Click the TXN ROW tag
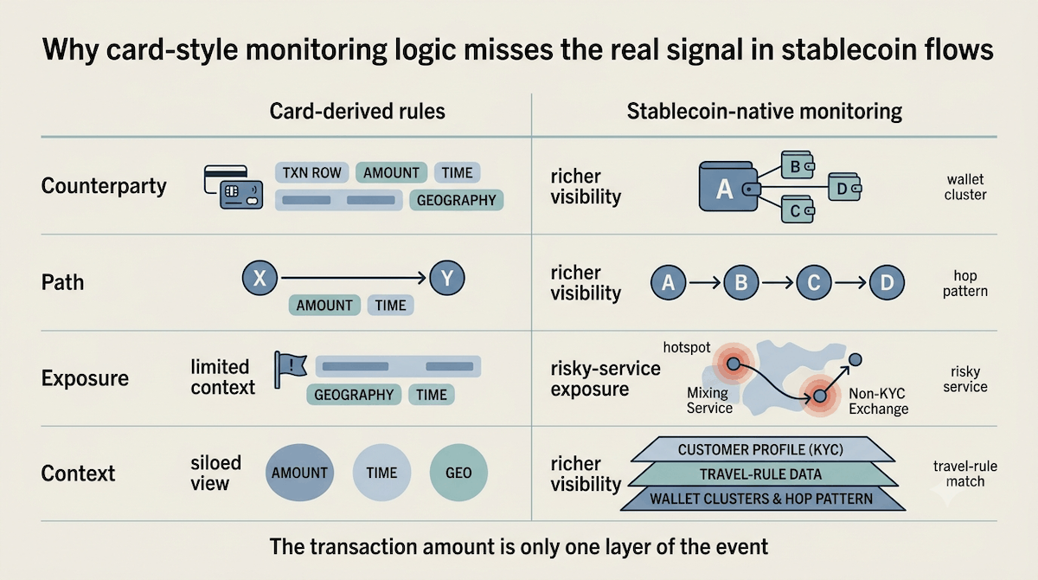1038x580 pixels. [312, 172]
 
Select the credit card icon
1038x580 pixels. [233, 187]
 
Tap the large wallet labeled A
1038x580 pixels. [728, 186]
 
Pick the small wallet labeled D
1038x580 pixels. [844, 187]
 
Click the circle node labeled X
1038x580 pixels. [260, 278]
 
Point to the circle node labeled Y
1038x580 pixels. [447, 278]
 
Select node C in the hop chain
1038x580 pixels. [814, 282]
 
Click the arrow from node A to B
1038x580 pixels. [705, 282]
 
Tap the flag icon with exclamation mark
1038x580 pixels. [290, 369]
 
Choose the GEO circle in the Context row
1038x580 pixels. [458, 473]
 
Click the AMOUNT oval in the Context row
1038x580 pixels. [299, 473]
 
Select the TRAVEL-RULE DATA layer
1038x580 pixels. [761, 474]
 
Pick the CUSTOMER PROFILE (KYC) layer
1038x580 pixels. [761, 449]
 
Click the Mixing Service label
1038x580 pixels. [709, 401]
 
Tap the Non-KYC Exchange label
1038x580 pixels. [878, 402]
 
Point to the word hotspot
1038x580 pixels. [686, 347]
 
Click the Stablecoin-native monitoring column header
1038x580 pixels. [764, 112]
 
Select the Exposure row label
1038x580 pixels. [85, 377]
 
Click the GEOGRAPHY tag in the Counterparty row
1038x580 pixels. [457, 200]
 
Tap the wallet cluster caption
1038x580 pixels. [965, 187]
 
